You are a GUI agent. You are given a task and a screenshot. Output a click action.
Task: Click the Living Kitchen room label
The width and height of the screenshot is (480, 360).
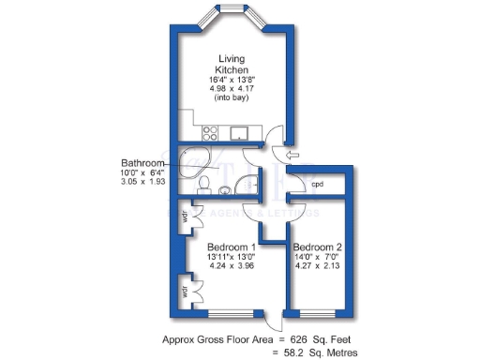coord(231,64)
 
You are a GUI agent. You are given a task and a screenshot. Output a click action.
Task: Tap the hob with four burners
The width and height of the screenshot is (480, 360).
coord(209,133)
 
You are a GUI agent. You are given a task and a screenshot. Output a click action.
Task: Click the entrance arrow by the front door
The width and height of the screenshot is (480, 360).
coord(293,155)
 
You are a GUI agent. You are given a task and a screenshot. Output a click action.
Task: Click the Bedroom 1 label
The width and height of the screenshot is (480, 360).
coord(231,246)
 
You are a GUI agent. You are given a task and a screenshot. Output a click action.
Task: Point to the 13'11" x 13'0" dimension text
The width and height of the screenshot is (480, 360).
coord(231,256)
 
